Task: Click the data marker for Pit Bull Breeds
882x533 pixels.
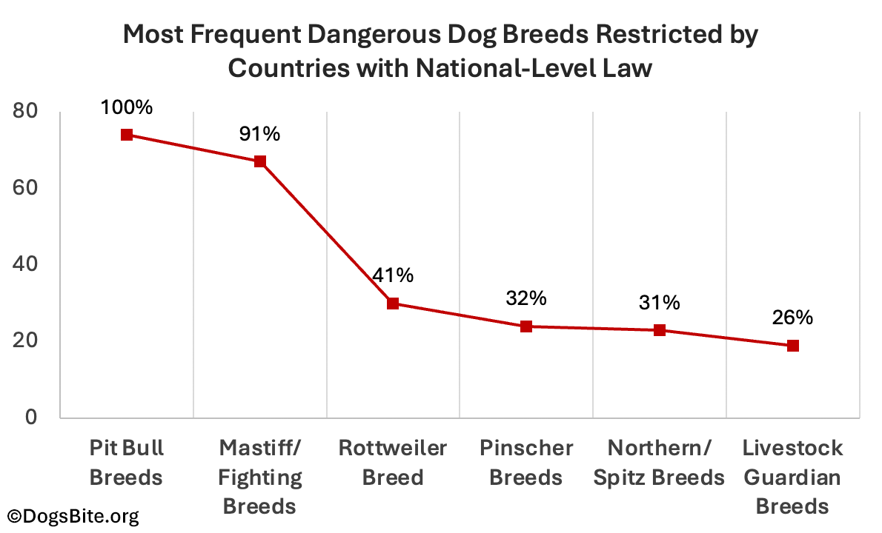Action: click(x=127, y=135)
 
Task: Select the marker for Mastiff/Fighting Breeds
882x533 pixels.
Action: click(x=260, y=161)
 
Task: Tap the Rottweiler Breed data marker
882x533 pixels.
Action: click(x=393, y=304)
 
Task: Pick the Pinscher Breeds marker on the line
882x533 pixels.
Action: click(x=526, y=326)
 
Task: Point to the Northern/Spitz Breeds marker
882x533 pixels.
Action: click(x=660, y=330)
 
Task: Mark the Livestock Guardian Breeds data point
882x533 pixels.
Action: click(x=792, y=346)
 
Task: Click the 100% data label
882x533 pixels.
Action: click(x=127, y=107)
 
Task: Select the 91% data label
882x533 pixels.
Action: click(x=259, y=134)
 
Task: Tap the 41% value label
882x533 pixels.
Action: click(x=393, y=275)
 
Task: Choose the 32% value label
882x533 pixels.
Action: click(x=526, y=298)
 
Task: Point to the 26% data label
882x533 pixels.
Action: click(x=792, y=318)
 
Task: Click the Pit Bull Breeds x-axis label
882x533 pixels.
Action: click(x=126, y=463)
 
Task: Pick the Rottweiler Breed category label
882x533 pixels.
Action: click(x=393, y=463)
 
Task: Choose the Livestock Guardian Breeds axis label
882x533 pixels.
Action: click(x=792, y=477)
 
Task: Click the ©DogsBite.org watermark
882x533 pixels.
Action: click(x=73, y=515)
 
